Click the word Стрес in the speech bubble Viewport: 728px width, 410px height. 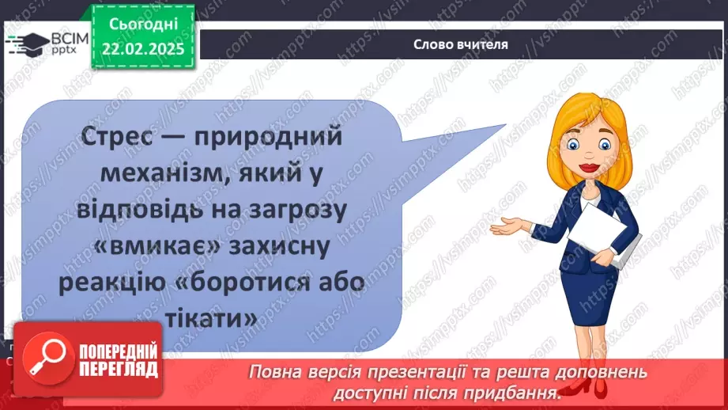coord(121,138)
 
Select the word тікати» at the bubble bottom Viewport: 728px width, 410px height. coord(211,321)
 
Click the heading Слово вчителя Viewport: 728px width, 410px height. coord(460,44)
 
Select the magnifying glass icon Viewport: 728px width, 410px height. coord(45,360)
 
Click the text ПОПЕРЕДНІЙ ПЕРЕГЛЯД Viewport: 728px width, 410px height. coord(116,360)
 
